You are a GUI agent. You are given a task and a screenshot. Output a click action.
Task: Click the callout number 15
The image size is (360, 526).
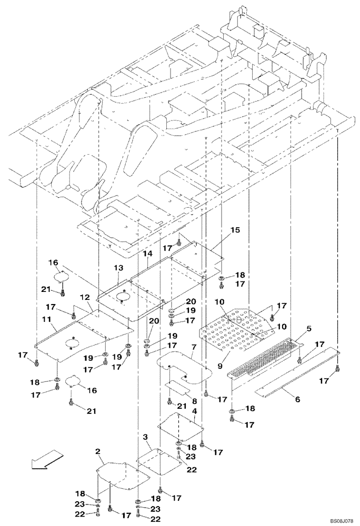[235, 230]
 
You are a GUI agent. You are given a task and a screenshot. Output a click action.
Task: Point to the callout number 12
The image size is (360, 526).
[85, 298]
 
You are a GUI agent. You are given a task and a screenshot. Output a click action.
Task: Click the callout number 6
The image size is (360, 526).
[297, 400]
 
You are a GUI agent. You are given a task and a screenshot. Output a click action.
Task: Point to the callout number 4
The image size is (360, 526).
[195, 410]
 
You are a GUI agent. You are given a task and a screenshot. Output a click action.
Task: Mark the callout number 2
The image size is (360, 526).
[98, 451]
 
